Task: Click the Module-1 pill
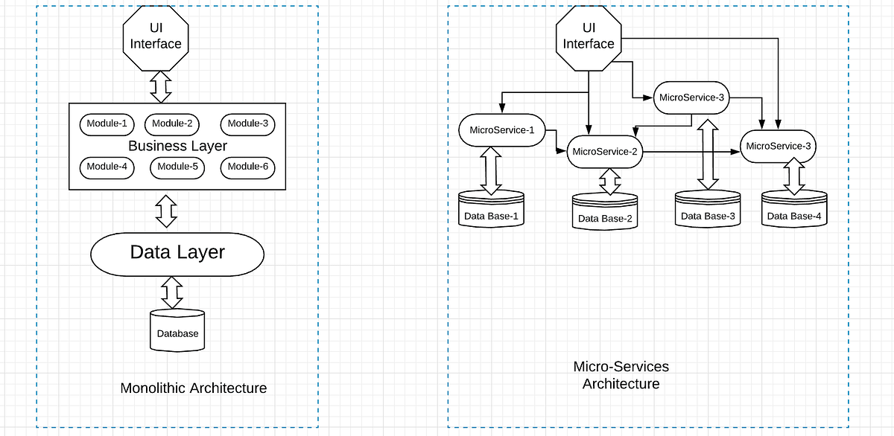(x=107, y=124)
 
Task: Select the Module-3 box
(x=247, y=124)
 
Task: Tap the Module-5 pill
(x=177, y=167)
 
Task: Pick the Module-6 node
(x=247, y=167)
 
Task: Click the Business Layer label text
(x=177, y=146)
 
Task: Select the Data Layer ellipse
(x=177, y=253)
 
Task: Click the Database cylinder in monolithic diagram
(x=177, y=330)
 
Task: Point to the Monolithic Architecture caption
(x=193, y=388)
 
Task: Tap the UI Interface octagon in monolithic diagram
(x=156, y=36)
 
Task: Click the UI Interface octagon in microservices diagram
(x=589, y=36)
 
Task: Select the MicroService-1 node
(x=502, y=130)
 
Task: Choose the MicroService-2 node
(x=605, y=152)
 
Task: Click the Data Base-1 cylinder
(x=491, y=211)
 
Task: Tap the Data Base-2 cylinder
(x=605, y=212)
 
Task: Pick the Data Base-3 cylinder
(x=708, y=211)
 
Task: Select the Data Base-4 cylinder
(x=794, y=211)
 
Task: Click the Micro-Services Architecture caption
(x=621, y=376)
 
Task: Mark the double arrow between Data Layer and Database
(x=172, y=292)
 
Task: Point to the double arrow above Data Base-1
(x=491, y=170)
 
